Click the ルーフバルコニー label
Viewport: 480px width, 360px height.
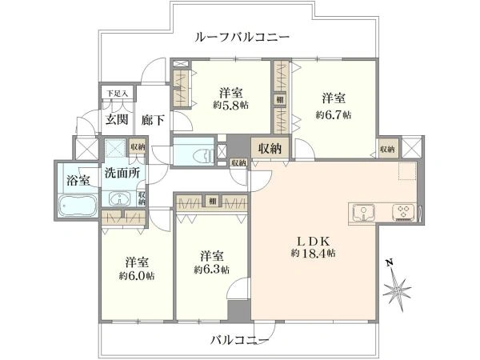(x=242, y=38)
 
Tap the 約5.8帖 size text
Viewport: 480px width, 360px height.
(x=231, y=106)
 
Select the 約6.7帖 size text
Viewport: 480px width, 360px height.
(x=334, y=114)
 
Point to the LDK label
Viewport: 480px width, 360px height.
(x=314, y=242)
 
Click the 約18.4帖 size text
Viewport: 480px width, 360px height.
(x=313, y=253)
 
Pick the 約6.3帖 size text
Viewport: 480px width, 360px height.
(x=211, y=270)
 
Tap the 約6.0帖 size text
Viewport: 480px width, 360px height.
(x=137, y=276)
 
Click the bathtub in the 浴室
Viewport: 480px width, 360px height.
(x=78, y=206)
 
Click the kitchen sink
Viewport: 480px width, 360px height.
(x=363, y=212)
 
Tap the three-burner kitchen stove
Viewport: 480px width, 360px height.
(x=403, y=212)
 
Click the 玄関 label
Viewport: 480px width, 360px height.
(x=117, y=120)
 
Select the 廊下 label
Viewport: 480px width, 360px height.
(x=153, y=120)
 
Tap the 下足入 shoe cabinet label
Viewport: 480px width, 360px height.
(x=117, y=94)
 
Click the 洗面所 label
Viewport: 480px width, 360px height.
(x=122, y=174)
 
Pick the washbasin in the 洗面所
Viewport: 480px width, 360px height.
(x=120, y=199)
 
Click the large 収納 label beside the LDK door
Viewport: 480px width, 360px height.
(x=270, y=148)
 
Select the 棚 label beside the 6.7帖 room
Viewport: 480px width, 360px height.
(x=280, y=99)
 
